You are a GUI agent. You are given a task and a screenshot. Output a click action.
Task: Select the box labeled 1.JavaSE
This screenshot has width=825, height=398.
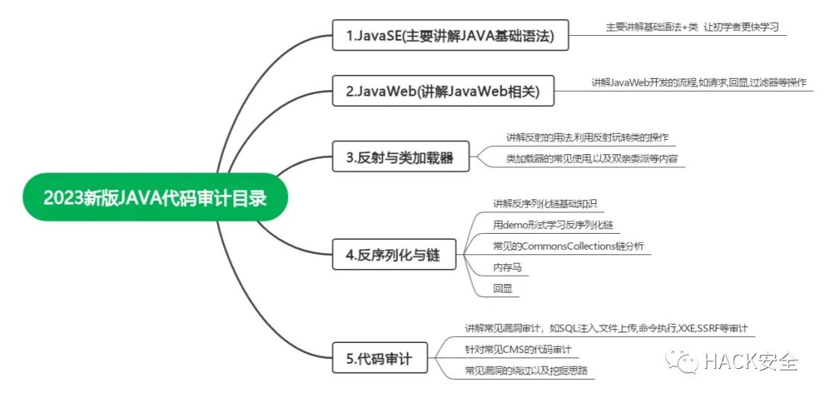click(x=451, y=35)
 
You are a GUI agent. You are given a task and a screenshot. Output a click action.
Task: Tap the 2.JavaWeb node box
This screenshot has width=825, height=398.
click(x=443, y=91)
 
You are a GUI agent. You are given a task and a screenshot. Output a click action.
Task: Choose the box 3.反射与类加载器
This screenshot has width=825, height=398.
click(x=400, y=158)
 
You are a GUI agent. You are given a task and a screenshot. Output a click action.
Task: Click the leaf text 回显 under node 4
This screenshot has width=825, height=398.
click(x=503, y=289)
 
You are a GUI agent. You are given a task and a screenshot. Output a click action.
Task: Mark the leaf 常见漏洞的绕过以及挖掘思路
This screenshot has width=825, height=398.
click(x=526, y=371)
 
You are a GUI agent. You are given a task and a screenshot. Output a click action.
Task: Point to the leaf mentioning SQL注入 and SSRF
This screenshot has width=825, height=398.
click(x=606, y=328)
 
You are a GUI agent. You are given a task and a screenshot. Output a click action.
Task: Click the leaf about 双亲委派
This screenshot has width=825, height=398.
click(x=591, y=159)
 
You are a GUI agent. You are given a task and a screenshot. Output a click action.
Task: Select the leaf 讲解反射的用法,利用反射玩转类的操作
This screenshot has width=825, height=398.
click(x=587, y=138)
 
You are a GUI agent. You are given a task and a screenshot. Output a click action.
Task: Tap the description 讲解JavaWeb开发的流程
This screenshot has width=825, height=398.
click(x=698, y=82)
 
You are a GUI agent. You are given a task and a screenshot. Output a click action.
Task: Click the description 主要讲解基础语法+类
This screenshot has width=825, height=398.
click(x=692, y=27)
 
